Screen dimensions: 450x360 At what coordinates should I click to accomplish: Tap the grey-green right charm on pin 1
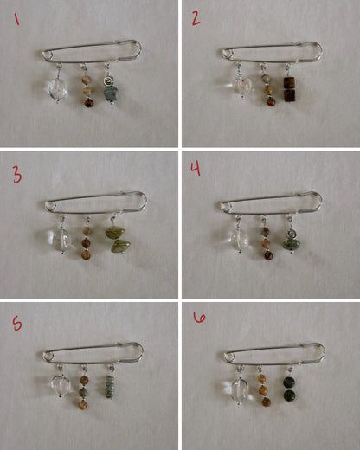pyautogui.click(x=111, y=91)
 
